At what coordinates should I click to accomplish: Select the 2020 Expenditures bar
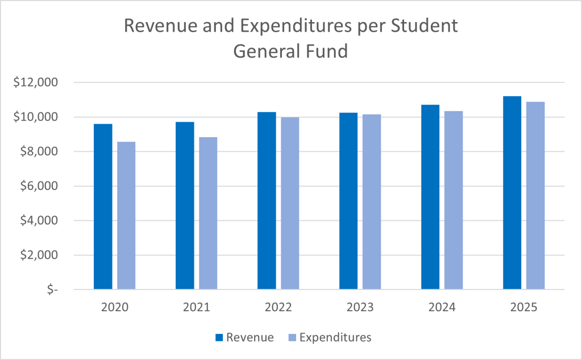(126, 216)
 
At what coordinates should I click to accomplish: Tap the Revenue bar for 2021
(185, 205)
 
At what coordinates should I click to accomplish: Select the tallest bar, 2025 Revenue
(512, 193)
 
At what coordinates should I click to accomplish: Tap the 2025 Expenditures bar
(535, 196)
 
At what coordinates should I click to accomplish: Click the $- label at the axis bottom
(51, 289)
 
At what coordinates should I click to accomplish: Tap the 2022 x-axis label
(278, 308)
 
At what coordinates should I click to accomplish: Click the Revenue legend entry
(244, 337)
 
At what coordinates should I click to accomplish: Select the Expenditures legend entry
(329, 337)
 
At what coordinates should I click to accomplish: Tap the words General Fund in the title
(290, 51)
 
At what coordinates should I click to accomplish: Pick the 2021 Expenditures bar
(208, 213)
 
